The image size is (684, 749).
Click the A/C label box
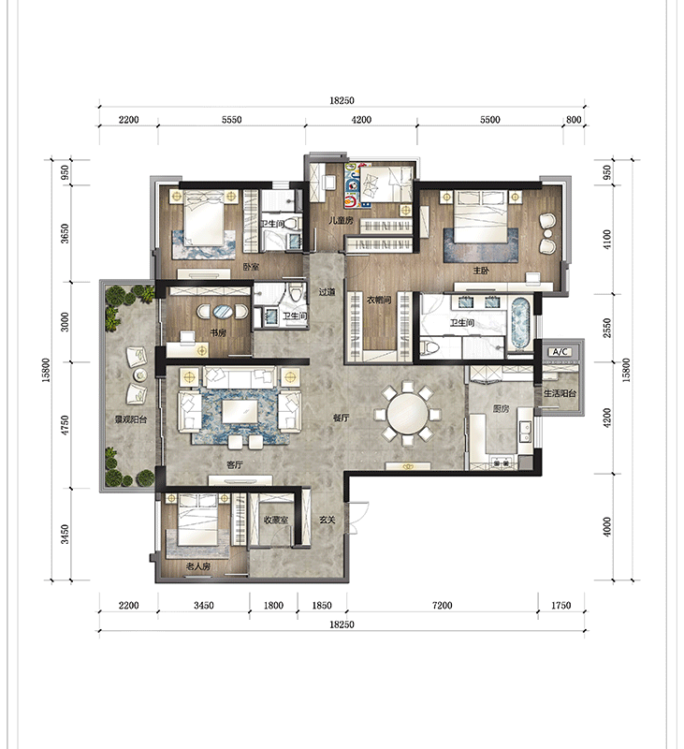(x=560, y=352)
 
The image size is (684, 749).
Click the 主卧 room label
(x=481, y=271)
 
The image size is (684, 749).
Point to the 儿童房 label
(x=341, y=221)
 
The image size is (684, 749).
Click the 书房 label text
(x=218, y=332)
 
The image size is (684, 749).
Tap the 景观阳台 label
(x=131, y=419)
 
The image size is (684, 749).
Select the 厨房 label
(x=501, y=409)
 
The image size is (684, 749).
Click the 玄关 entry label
(x=327, y=520)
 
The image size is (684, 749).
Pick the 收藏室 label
(x=276, y=520)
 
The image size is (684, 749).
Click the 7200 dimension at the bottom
(x=442, y=605)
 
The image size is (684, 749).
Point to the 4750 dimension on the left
(x=65, y=425)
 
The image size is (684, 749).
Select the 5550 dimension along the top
(x=231, y=120)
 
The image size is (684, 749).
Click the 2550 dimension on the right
(x=606, y=328)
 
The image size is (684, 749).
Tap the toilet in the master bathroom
(x=429, y=347)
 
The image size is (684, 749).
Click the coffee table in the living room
(x=240, y=411)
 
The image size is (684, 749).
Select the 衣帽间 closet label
(x=379, y=300)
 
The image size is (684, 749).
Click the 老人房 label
(x=198, y=566)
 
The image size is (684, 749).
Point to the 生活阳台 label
(x=560, y=393)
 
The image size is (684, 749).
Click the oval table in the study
(x=223, y=312)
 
